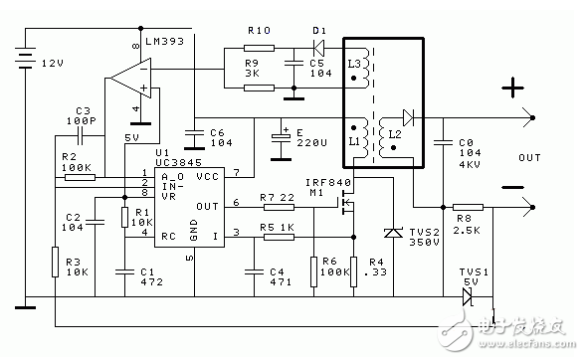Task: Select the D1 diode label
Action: [x=319, y=31]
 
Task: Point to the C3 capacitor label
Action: [x=85, y=110]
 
